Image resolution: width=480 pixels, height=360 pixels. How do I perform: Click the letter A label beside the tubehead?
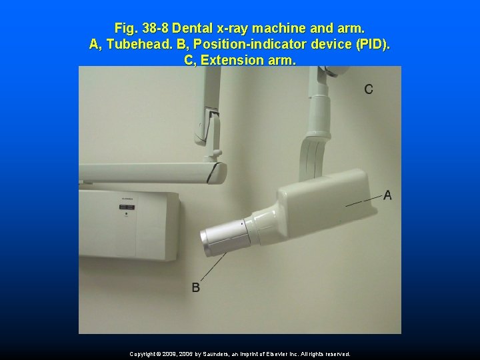[x=387, y=195]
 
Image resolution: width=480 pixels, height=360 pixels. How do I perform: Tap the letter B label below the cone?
[x=195, y=287]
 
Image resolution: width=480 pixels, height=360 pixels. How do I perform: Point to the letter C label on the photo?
[x=369, y=89]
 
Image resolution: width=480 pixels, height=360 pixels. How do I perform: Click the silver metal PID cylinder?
[x=225, y=238]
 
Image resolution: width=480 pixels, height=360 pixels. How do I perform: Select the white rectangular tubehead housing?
[x=327, y=201]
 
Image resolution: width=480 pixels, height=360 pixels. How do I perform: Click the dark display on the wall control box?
[x=127, y=207]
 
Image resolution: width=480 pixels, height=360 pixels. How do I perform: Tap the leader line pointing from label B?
[x=213, y=266]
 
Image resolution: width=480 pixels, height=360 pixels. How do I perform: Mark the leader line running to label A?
[x=364, y=201]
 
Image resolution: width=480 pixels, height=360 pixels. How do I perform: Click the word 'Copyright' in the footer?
[x=143, y=354]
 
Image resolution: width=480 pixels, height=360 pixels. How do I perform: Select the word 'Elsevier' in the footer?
[x=277, y=354]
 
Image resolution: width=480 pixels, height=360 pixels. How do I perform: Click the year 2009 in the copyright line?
[x=169, y=354]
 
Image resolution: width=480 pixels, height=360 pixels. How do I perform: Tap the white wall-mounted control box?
[x=129, y=225]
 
